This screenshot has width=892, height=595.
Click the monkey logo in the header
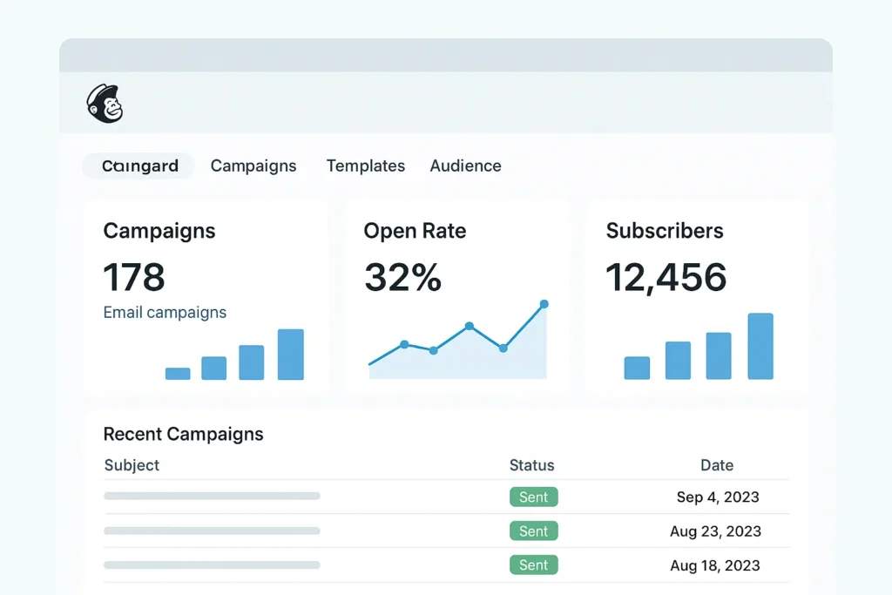click(105, 103)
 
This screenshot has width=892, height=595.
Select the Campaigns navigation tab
click(253, 166)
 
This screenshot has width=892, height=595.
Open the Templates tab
click(365, 166)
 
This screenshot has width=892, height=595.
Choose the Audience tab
click(465, 166)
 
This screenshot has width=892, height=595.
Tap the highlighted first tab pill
click(139, 166)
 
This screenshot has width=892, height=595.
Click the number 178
click(134, 277)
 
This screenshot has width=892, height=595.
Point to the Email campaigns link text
click(165, 312)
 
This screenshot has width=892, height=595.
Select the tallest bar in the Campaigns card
click(290, 355)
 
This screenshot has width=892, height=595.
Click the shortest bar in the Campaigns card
click(178, 374)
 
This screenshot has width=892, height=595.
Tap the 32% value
click(402, 277)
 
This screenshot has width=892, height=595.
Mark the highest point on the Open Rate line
click(544, 304)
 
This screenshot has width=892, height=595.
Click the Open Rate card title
click(415, 231)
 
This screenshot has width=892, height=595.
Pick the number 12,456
click(666, 277)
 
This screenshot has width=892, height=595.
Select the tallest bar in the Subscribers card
click(760, 346)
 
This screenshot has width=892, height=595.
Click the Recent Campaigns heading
click(183, 434)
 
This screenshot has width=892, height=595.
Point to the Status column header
click(531, 465)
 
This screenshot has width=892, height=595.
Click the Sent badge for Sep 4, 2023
click(533, 497)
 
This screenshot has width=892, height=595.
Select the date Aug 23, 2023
click(715, 531)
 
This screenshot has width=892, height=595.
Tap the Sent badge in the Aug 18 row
click(533, 565)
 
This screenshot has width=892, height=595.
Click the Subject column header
click(132, 465)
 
